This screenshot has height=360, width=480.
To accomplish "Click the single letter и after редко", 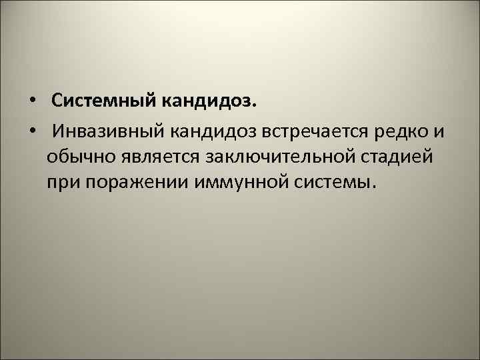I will (x=437, y=132).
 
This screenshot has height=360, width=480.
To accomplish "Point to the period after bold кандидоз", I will (x=254, y=107).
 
